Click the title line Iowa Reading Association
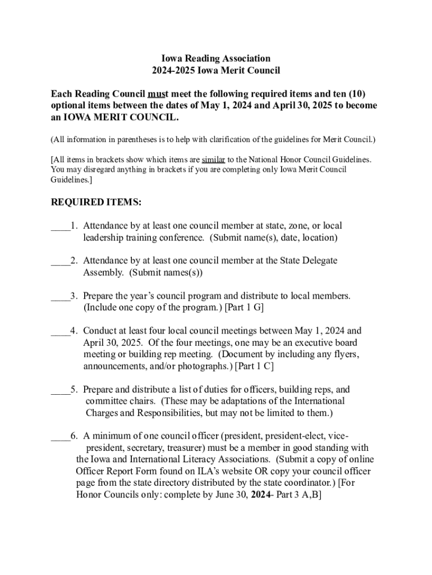tap(216, 58)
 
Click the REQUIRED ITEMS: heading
tap(96, 202)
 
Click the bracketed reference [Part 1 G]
tap(245, 308)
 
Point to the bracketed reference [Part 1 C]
tap(254, 366)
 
